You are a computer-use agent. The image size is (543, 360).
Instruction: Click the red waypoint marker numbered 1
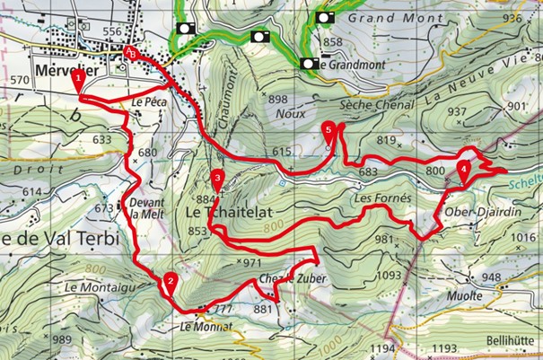[79, 78]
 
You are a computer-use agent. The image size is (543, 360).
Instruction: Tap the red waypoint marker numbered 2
[169, 280]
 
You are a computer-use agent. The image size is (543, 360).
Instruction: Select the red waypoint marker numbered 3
[218, 177]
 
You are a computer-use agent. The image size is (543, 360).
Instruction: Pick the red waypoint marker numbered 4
[463, 168]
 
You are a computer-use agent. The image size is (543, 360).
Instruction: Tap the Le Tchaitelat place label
[228, 212]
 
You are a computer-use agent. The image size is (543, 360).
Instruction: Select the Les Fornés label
[381, 197]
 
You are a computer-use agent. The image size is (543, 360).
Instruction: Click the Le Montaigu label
[92, 285]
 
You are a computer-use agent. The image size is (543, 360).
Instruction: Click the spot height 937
[458, 112]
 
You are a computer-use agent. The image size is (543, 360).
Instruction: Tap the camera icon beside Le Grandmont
[309, 64]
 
